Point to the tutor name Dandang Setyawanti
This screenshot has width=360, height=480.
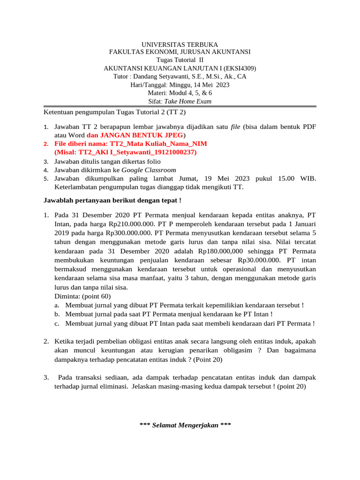coord(161,76)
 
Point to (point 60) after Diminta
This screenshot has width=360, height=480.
coord(97,296)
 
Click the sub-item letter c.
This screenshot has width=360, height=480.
coord(56,323)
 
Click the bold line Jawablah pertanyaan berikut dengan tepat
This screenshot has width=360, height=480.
coord(112,201)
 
